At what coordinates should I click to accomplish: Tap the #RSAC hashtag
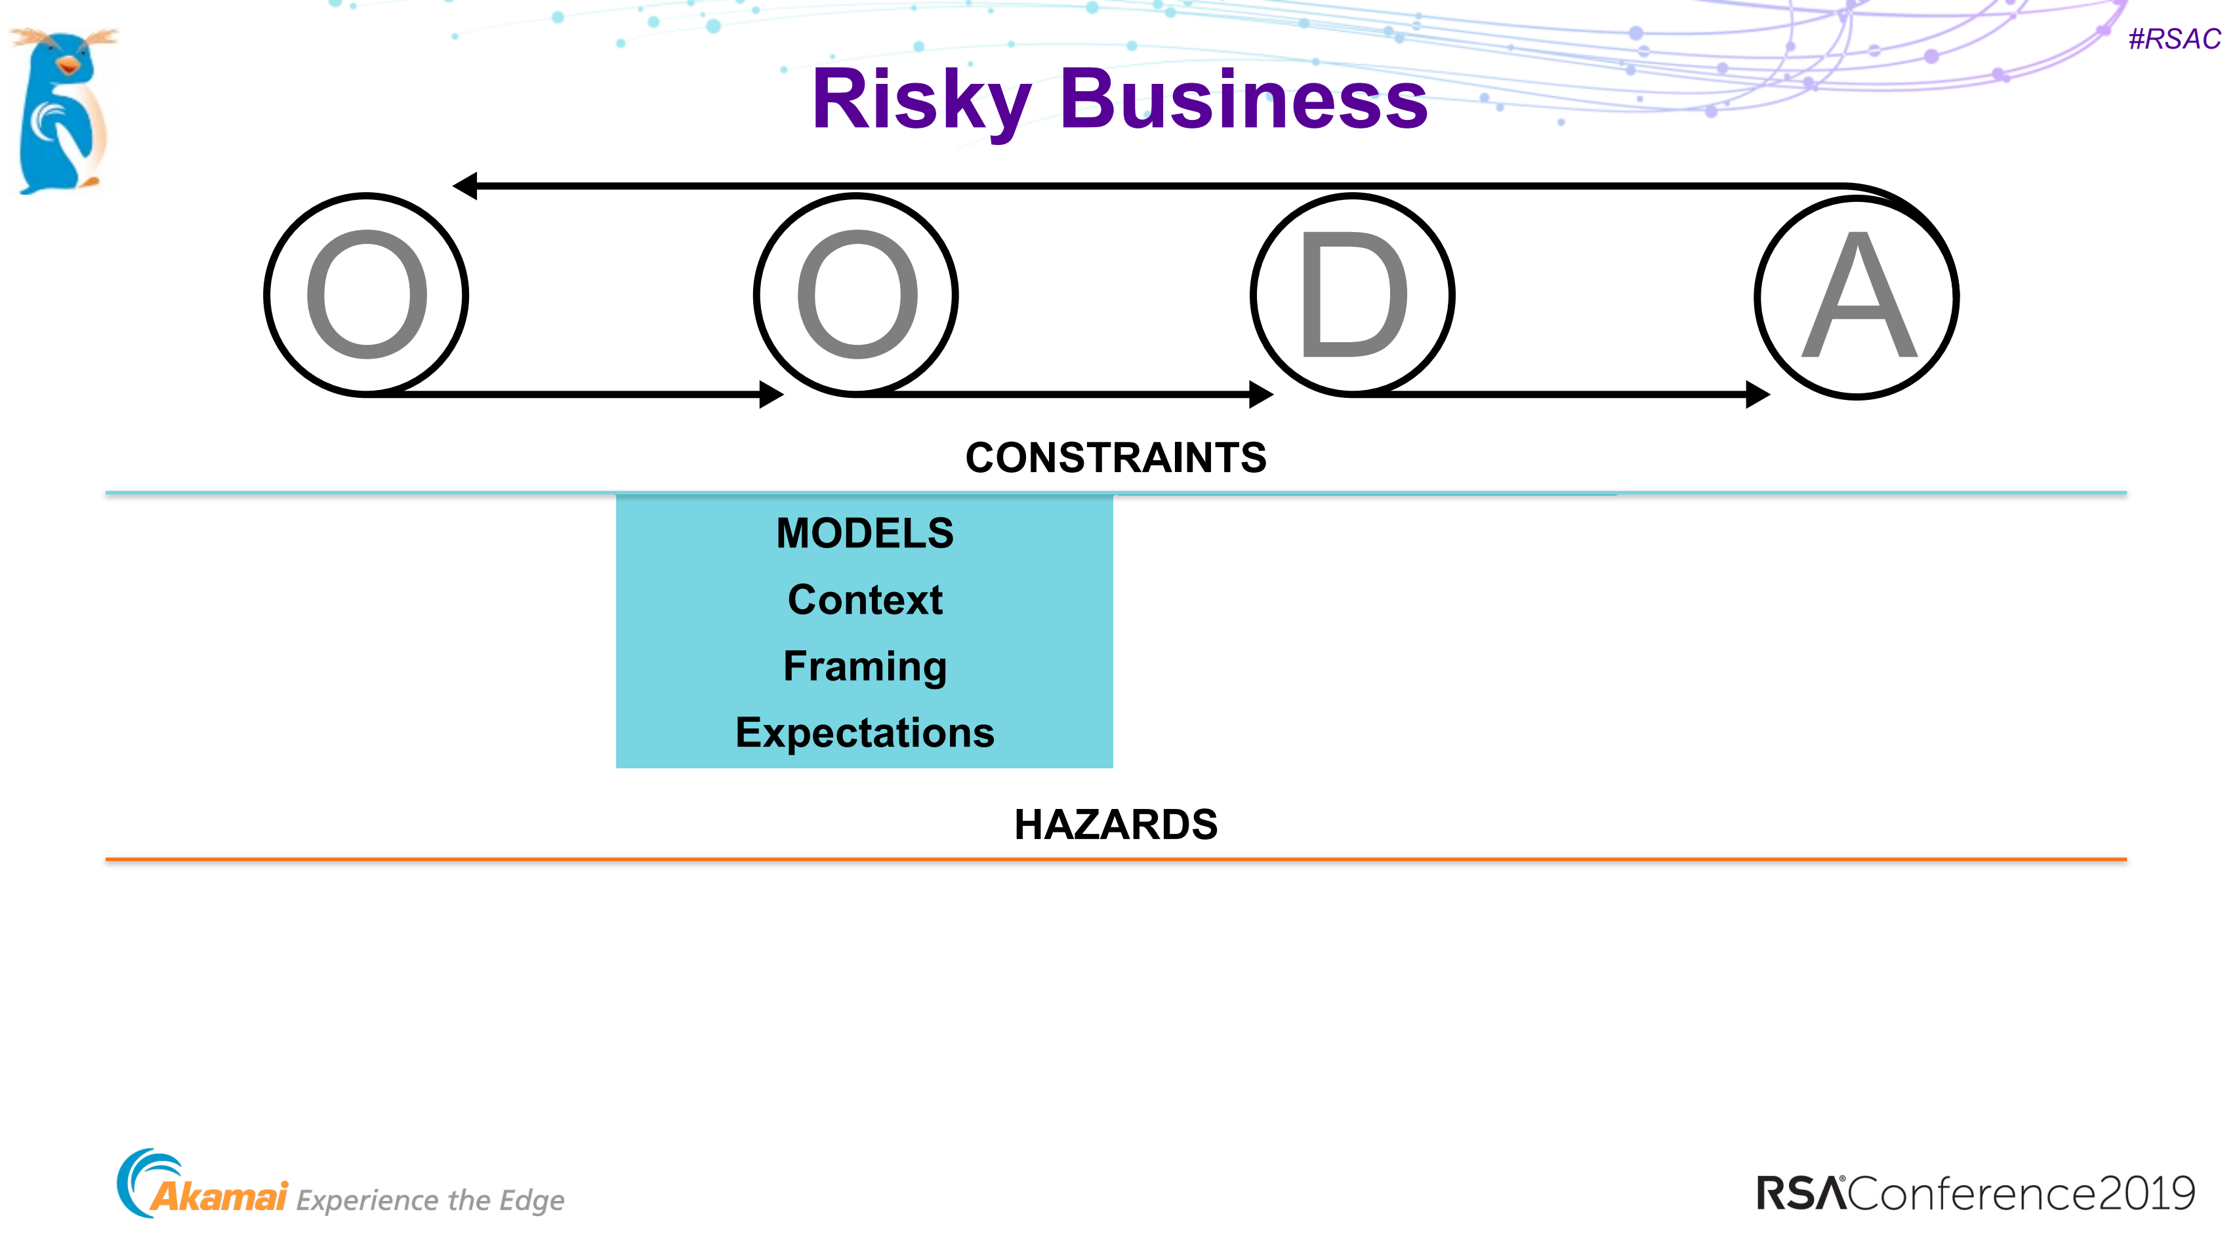pyautogui.click(x=2174, y=39)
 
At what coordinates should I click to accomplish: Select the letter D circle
pyautogui.click(x=1353, y=296)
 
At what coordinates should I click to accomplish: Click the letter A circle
pyautogui.click(x=1857, y=297)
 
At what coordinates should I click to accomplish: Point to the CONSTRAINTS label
pyautogui.click(x=1116, y=458)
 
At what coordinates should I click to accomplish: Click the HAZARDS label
pyautogui.click(x=1116, y=825)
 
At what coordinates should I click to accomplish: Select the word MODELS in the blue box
pyautogui.click(x=865, y=534)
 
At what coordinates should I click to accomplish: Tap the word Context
pyautogui.click(x=865, y=600)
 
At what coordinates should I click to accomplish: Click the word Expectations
pyautogui.click(x=865, y=734)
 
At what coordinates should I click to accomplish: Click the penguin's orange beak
pyautogui.click(x=67, y=65)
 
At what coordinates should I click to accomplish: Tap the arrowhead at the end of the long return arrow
pyautogui.click(x=466, y=185)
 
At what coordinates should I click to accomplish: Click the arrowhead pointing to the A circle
pyautogui.click(x=1758, y=395)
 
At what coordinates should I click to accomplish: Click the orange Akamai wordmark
pyautogui.click(x=219, y=1197)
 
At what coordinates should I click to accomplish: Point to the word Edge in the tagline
pyautogui.click(x=531, y=1201)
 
